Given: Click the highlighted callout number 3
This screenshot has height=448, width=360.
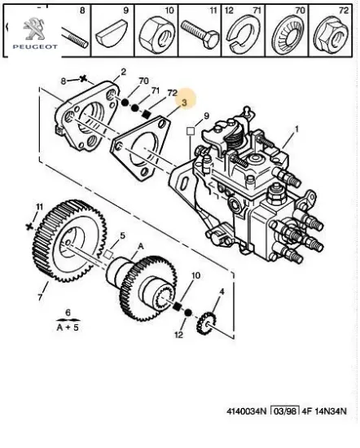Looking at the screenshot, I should tap(184, 102).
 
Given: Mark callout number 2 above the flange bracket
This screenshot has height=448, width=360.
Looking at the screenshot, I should tap(123, 72).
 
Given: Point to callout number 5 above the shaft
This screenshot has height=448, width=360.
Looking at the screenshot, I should tap(123, 236).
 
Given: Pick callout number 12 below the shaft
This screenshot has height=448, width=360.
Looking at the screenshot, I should tap(178, 334).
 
